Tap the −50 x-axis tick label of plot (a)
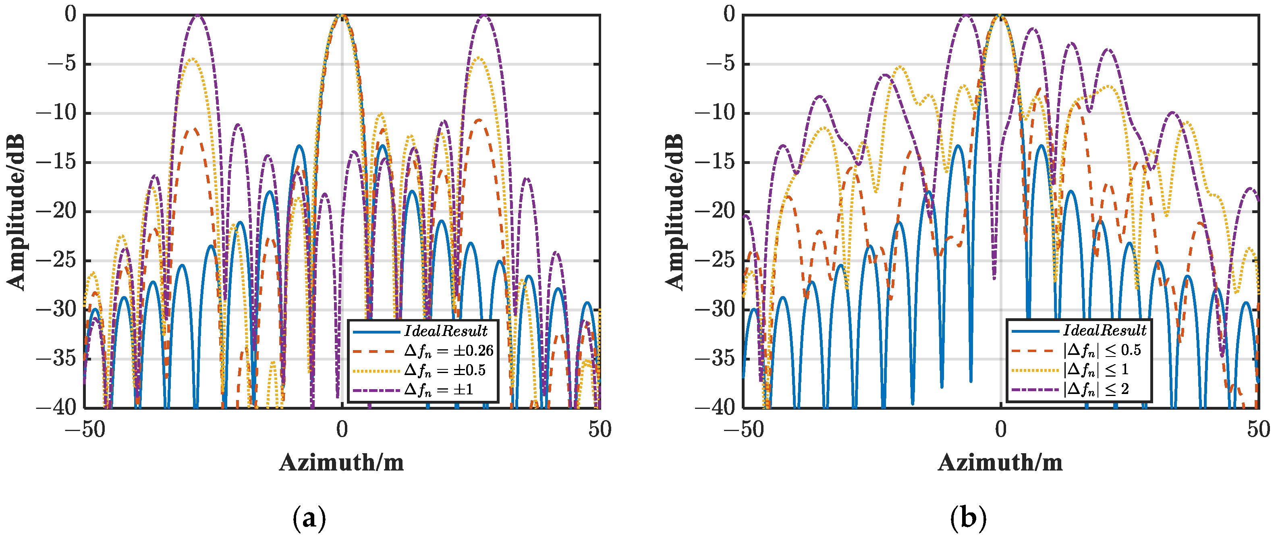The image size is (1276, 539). point(85,429)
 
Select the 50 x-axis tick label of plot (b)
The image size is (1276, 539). point(1259,429)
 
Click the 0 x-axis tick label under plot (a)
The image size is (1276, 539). point(342,429)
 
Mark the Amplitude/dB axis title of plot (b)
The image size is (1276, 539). point(674,211)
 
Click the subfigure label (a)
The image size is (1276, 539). point(309,518)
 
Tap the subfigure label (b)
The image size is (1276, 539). point(969,518)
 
